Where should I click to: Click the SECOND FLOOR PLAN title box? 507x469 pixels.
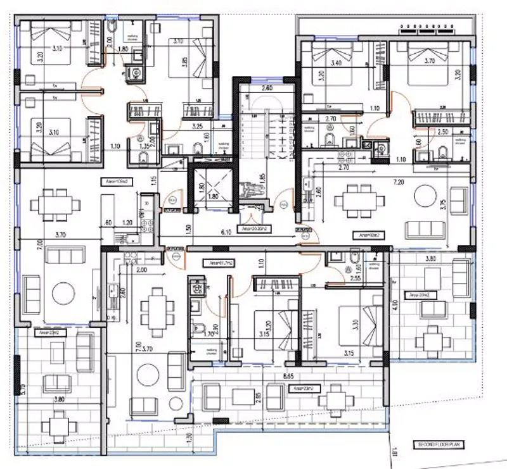(x=438, y=445)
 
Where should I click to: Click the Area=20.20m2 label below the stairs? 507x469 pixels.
(x=252, y=229)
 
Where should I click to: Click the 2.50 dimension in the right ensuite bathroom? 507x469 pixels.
(x=443, y=132)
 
